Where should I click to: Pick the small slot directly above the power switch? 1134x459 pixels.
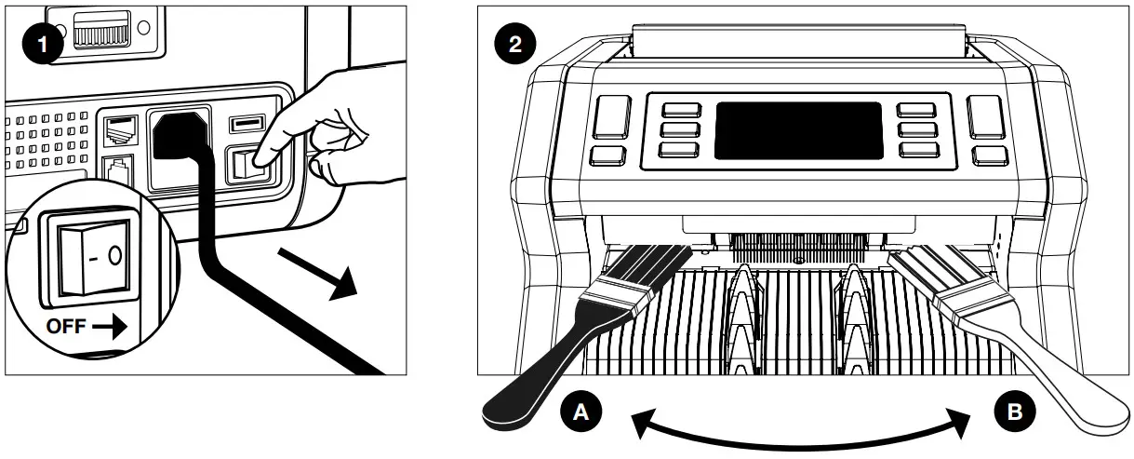[245, 122]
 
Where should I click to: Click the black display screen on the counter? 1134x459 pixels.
[798, 129]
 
